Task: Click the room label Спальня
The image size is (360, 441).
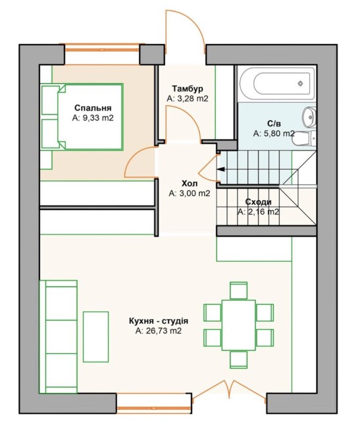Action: pyautogui.click(x=93, y=108)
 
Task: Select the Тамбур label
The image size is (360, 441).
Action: pyautogui.click(x=188, y=89)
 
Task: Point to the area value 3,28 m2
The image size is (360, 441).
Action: pyautogui.click(x=192, y=99)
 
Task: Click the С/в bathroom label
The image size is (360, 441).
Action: pyautogui.click(x=274, y=124)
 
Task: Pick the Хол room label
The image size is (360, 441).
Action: pyautogui.click(x=190, y=184)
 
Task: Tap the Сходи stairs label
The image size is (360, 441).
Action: pyautogui.click(x=258, y=202)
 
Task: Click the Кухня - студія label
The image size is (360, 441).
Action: pyautogui.click(x=159, y=321)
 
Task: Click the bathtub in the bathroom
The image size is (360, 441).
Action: pyautogui.click(x=277, y=84)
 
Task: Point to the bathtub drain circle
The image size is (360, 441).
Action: pyautogui.click(x=300, y=84)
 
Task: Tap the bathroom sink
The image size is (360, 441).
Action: pyautogui.click(x=309, y=116)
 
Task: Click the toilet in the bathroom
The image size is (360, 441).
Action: pyautogui.click(x=305, y=139)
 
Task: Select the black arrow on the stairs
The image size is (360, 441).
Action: pyautogui.click(x=221, y=169)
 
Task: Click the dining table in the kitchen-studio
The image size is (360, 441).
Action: pyautogui.click(x=238, y=325)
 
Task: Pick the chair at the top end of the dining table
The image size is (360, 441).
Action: pyautogui.click(x=238, y=290)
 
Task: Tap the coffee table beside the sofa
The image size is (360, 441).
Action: pyautogui.click(x=95, y=336)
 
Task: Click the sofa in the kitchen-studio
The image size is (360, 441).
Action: pyautogui.click(x=58, y=336)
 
